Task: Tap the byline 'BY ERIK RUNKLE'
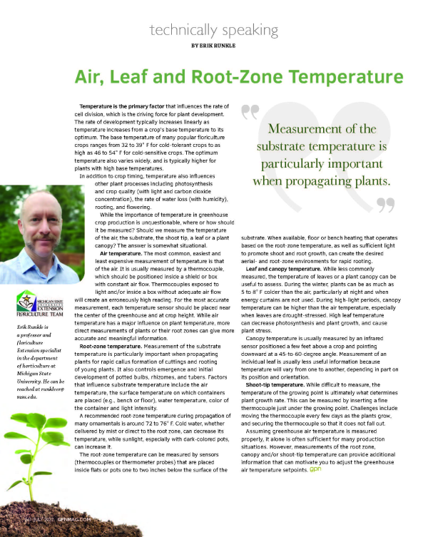pos(214,46)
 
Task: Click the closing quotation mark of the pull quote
pos(387,205)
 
